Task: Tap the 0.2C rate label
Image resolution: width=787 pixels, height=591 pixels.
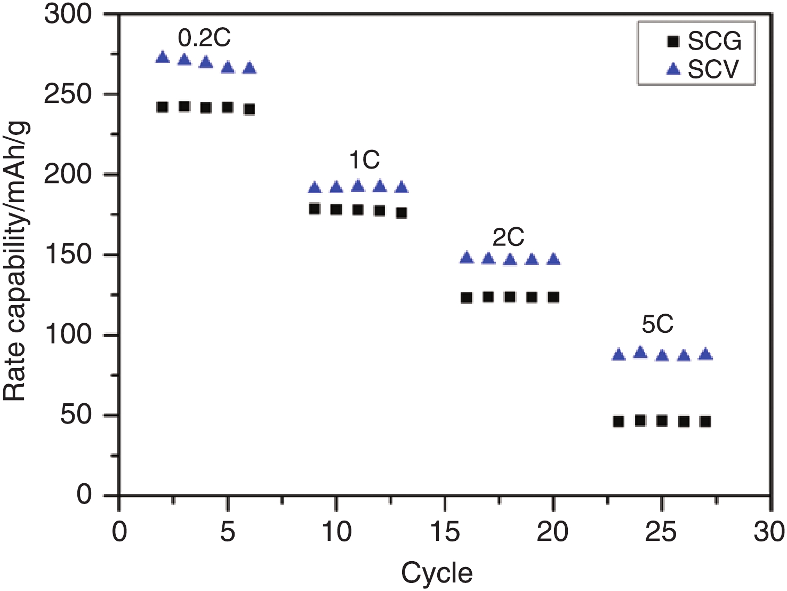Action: (x=204, y=38)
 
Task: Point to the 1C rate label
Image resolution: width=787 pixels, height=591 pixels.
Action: (x=364, y=160)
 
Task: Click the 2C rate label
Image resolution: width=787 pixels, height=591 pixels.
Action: (x=508, y=237)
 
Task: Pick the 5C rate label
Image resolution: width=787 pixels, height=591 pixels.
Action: (x=657, y=324)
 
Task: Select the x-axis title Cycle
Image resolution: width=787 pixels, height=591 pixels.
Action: (x=437, y=573)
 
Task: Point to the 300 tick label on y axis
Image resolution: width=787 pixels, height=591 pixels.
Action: (x=68, y=14)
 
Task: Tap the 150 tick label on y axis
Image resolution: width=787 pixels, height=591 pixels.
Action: (x=68, y=254)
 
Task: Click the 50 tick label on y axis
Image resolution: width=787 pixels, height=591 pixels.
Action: (x=75, y=415)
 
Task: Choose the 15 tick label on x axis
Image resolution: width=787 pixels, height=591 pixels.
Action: (x=445, y=532)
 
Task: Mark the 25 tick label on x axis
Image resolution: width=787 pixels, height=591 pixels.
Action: (x=661, y=532)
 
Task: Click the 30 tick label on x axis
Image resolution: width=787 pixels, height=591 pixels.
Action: (x=769, y=532)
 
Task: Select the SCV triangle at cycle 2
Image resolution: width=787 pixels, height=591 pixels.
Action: (x=163, y=58)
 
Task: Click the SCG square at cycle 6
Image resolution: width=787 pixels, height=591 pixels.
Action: (x=249, y=109)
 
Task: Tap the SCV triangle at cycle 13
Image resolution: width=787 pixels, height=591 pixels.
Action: (x=401, y=187)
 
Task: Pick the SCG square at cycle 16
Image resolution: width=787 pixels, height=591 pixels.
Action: (x=467, y=298)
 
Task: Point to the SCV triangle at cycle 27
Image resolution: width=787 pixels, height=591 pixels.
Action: (x=705, y=354)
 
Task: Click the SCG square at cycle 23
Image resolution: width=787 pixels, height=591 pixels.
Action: (x=619, y=421)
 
